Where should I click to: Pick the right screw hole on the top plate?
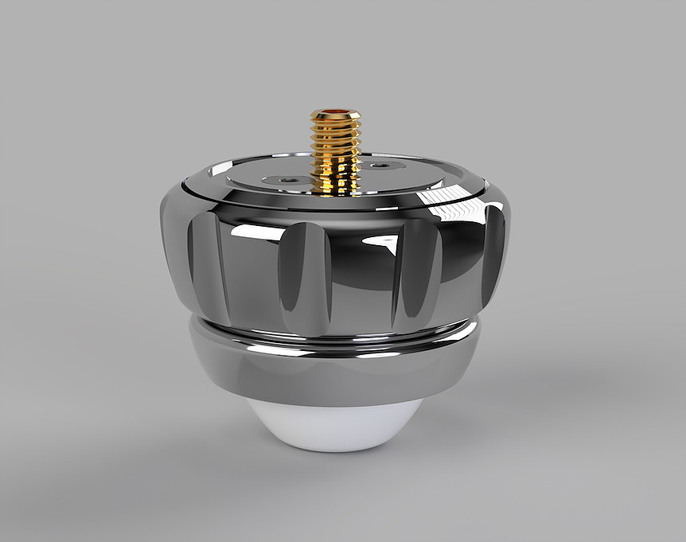click(384, 166)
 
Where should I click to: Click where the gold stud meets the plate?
click(335, 191)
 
